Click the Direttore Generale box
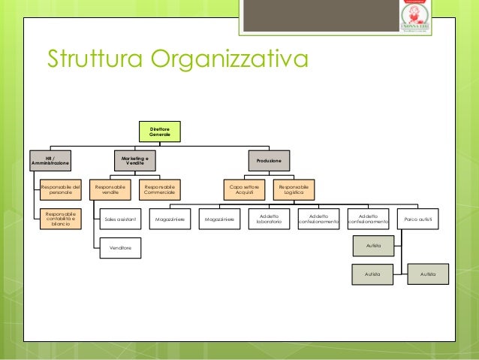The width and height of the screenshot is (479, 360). (x=159, y=132)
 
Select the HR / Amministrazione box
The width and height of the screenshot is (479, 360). (x=50, y=160)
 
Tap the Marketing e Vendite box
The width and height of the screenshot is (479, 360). (x=135, y=160)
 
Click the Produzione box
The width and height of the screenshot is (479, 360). (x=269, y=160)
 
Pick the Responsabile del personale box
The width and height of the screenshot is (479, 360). (x=61, y=189)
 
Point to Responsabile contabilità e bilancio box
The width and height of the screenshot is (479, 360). (x=61, y=219)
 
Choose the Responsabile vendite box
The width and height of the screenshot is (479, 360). (x=110, y=189)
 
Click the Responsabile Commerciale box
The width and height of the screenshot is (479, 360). (x=159, y=189)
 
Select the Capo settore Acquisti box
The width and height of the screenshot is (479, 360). (x=245, y=189)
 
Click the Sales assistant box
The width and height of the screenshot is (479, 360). (x=121, y=219)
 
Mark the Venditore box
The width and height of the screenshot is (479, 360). (x=121, y=247)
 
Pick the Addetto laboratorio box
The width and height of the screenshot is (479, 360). (x=269, y=219)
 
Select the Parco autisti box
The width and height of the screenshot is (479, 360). (x=418, y=219)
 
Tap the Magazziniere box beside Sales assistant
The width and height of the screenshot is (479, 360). (x=170, y=219)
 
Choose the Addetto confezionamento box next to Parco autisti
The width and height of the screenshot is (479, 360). (x=369, y=219)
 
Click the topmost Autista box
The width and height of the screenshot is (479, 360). (x=374, y=247)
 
